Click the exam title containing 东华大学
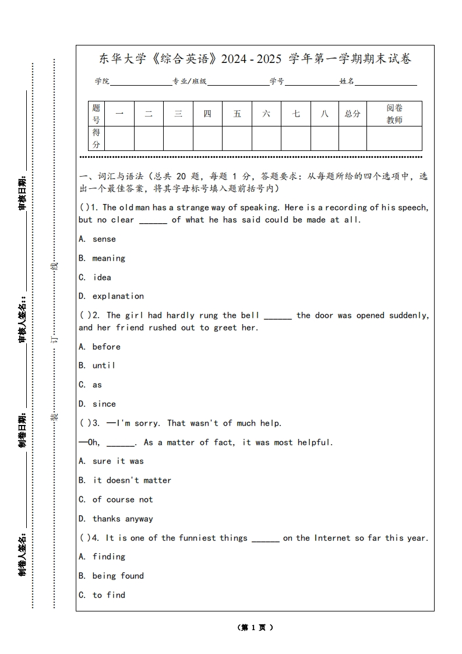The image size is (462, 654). (255, 59)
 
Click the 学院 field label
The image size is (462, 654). (102, 82)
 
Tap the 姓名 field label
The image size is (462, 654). (347, 82)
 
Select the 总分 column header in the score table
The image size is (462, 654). (352, 114)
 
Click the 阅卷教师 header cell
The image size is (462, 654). (394, 114)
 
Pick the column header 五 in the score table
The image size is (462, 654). (237, 114)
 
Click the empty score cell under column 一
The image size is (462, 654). (119, 138)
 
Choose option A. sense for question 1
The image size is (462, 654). (97, 239)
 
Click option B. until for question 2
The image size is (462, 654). (97, 365)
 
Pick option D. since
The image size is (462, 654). (97, 404)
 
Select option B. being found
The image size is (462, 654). (111, 576)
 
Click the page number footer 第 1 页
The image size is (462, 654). (255, 628)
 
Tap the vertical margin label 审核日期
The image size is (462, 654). (23, 192)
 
